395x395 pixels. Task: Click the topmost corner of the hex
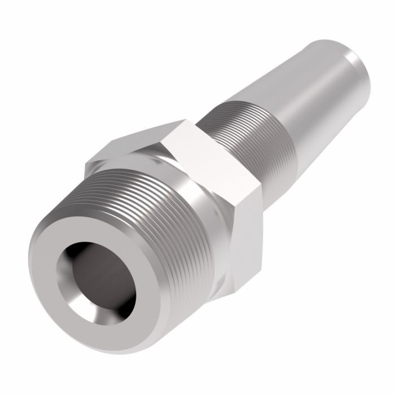183,120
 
